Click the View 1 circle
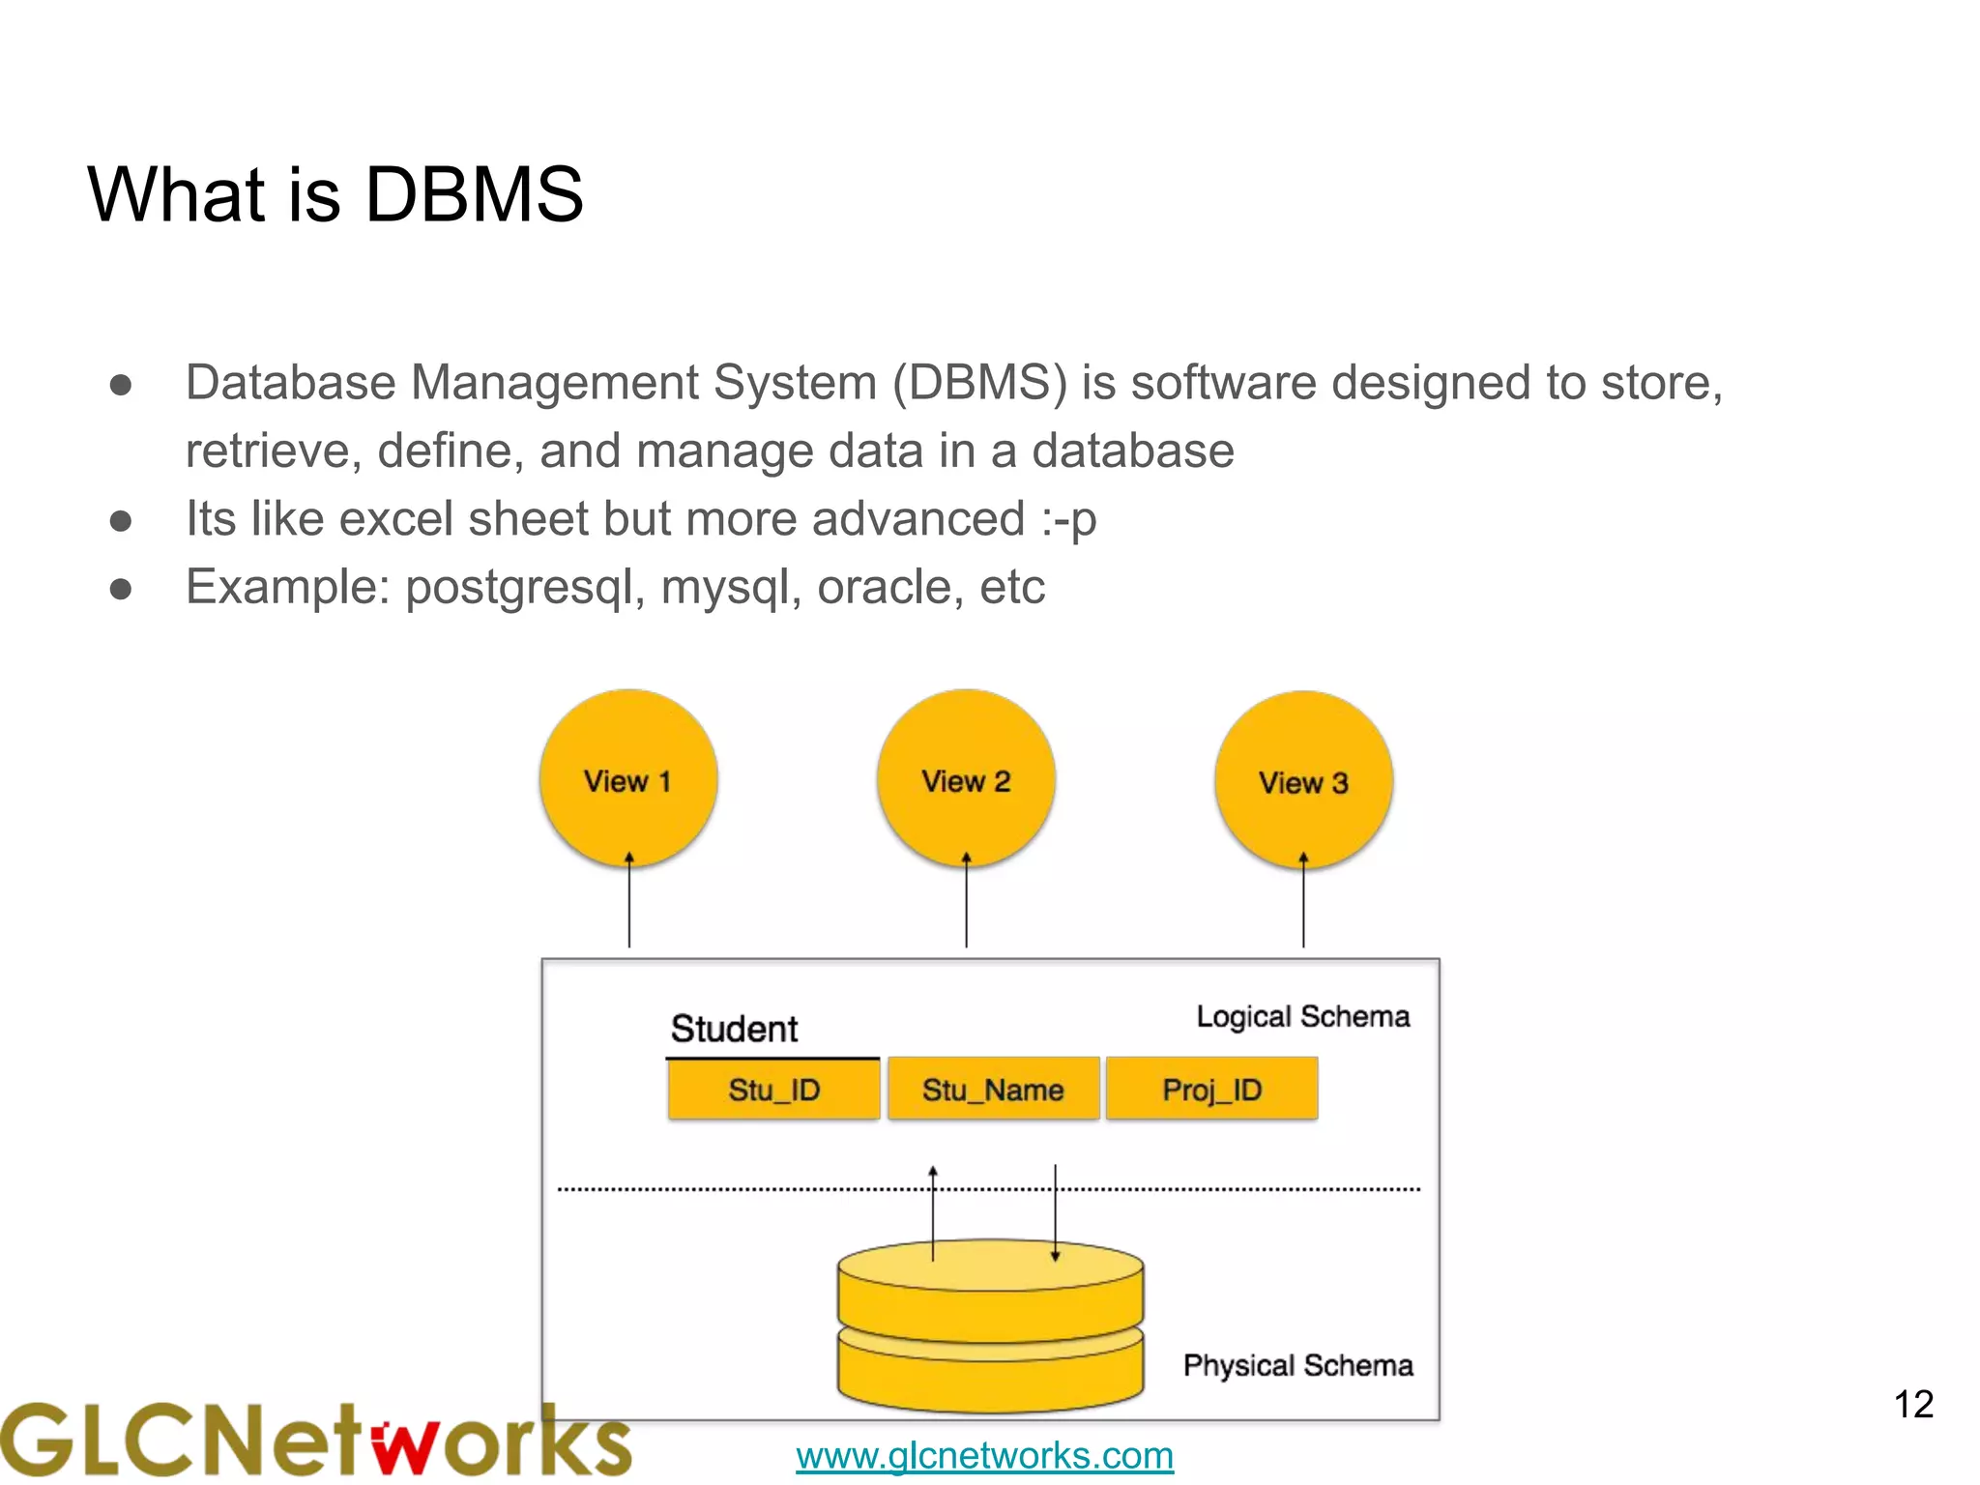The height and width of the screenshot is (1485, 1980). pyautogui.click(x=628, y=778)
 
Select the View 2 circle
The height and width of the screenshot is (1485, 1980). pyautogui.click(x=966, y=778)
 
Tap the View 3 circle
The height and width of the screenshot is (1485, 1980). pyautogui.click(x=1303, y=780)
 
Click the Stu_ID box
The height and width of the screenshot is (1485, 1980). pyautogui.click(x=773, y=1090)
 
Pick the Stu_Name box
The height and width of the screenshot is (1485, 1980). pyautogui.click(x=993, y=1090)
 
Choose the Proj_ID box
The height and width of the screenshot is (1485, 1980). pyautogui.click(x=1211, y=1090)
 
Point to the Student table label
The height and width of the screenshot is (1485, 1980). pyautogui.click(x=734, y=1029)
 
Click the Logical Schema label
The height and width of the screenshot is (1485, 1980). pyautogui.click(x=1302, y=1016)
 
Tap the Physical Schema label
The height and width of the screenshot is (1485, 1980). pyautogui.click(x=1297, y=1365)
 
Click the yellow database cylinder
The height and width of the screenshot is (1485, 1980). pyautogui.click(x=990, y=1334)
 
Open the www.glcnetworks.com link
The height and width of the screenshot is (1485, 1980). pyautogui.click(x=984, y=1455)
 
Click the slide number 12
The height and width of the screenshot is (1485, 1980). pyautogui.click(x=1913, y=1404)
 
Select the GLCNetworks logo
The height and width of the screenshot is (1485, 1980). pyautogui.click(x=314, y=1441)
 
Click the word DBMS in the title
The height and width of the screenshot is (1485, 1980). pyautogui.click(x=474, y=194)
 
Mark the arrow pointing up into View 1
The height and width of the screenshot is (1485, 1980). pyautogui.click(x=629, y=899)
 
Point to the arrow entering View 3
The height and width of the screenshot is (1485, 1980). pyautogui.click(x=1303, y=899)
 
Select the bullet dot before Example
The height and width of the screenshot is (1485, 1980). pyautogui.click(x=121, y=589)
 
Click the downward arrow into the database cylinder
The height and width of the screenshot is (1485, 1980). pyautogui.click(x=1055, y=1213)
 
